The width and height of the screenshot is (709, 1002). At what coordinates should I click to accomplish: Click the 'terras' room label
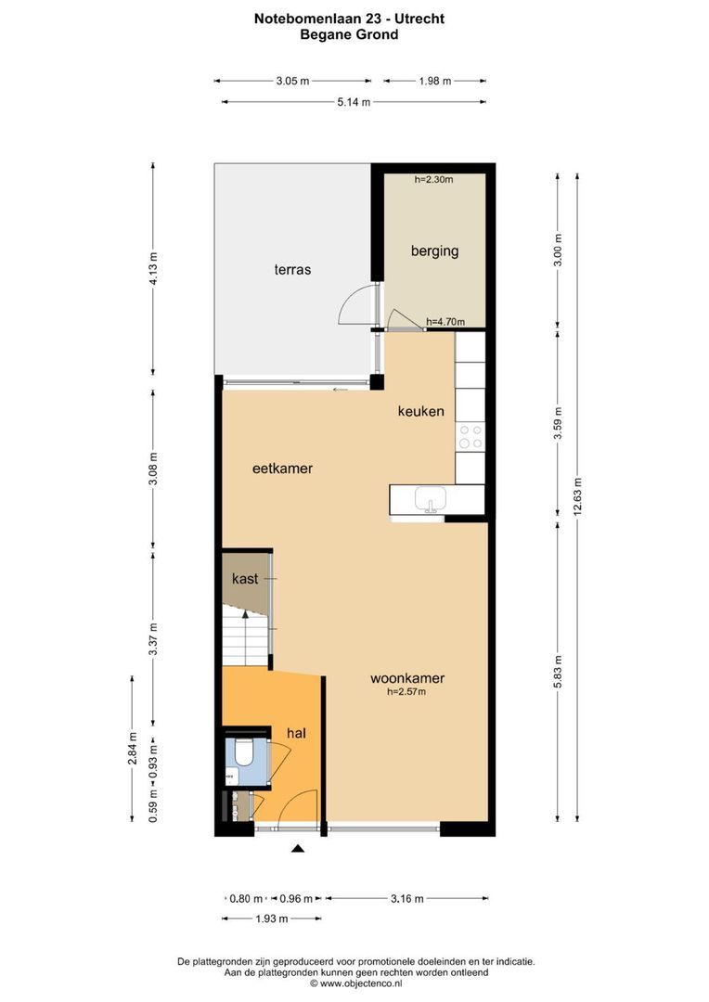click(x=291, y=270)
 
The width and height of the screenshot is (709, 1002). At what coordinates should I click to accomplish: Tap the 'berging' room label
click(x=434, y=250)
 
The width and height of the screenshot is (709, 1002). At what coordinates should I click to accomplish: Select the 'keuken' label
click(x=420, y=411)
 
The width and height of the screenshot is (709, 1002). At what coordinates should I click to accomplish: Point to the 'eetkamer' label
click(x=282, y=469)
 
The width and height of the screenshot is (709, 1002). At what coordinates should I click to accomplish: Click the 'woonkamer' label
click(x=406, y=678)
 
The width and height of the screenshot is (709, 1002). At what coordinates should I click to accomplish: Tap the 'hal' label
click(x=296, y=733)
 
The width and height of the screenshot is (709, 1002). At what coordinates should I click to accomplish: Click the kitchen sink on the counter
click(x=429, y=500)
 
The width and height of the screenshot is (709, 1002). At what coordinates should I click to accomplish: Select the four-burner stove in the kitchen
click(x=471, y=436)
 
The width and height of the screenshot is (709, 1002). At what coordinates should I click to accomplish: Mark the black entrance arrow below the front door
click(x=298, y=848)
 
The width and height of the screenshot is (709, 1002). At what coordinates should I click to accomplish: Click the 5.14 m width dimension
click(x=353, y=102)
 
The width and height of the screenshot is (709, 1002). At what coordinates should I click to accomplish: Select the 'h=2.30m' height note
click(x=433, y=180)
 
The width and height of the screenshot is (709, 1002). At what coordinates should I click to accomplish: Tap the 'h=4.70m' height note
click(x=445, y=322)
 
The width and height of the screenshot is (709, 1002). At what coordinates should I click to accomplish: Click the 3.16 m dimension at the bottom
click(x=406, y=898)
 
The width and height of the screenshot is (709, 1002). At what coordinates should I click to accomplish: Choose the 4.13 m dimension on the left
click(x=154, y=270)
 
